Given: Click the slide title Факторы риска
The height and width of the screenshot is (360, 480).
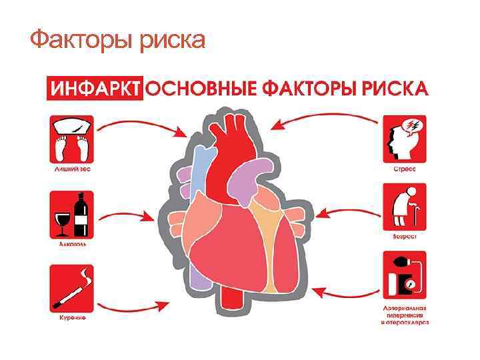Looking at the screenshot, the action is pos(117,42).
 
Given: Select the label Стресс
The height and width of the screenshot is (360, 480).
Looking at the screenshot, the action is pos(404,169).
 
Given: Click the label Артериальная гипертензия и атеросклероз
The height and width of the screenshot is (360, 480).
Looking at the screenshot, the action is pos(405,314).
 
